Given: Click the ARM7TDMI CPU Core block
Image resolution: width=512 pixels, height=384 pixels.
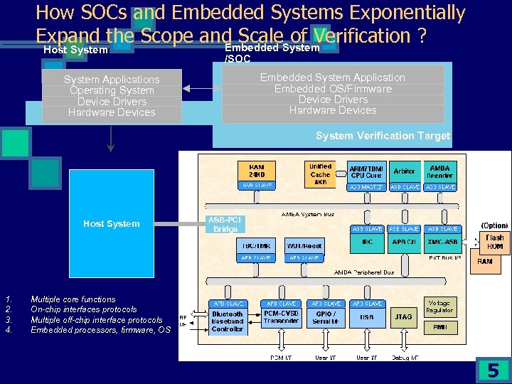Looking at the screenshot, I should [x=366, y=171].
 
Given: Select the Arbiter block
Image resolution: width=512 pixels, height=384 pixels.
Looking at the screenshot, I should [x=404, y=171].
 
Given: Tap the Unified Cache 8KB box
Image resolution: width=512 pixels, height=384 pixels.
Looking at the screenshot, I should [x=320, y=174].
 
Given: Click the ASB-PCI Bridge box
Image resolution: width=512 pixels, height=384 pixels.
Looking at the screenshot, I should [x=225, y=224].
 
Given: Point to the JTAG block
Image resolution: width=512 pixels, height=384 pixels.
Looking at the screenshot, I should [x=403, y=317].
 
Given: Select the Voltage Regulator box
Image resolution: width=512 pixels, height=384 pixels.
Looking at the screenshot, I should [x=439, y=306].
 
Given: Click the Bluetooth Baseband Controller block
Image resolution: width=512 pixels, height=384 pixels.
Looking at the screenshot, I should [x=228, y=321].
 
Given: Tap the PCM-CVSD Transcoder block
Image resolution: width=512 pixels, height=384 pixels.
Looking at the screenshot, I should [x=281, y=317].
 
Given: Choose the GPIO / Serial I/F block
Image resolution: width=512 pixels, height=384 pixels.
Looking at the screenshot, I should [x=326, y=318].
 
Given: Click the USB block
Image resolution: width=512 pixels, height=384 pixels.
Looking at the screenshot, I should [x=366, y=317].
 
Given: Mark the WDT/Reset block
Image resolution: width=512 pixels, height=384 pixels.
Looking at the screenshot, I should [x=304, y=245].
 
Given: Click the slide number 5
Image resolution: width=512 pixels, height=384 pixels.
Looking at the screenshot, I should [x=493, y=370].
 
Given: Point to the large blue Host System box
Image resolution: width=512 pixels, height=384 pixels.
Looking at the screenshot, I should [x=111, y=223].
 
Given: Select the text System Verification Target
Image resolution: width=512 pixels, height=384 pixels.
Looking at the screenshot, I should [x=383, y=136].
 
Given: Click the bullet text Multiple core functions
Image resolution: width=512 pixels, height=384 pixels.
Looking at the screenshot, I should [x=73, y=299].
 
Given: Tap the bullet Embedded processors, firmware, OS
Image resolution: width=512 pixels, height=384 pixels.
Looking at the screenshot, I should [x=100, y=330].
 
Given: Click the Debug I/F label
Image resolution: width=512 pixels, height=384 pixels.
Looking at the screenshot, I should [x=404, y=357].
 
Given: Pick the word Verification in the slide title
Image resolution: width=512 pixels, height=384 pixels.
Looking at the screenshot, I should [x=368, y=36].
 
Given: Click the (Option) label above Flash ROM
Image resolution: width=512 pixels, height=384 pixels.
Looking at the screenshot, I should [x=494, y=225].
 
